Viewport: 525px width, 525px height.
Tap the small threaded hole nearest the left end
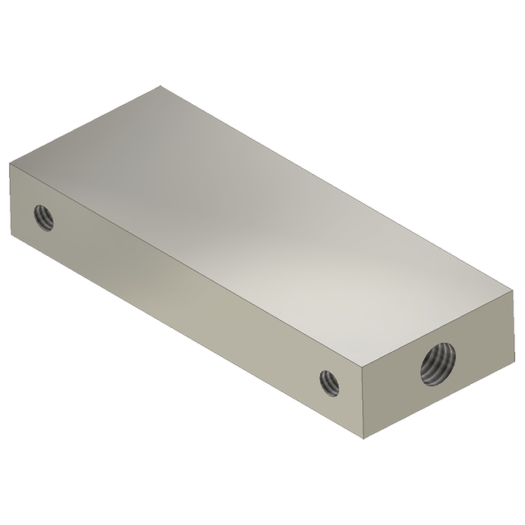pyautogui.click(x=43, y=217)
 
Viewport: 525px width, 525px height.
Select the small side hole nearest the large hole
pyautogui.click(x=330, y=381)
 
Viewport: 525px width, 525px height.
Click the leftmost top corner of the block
pyautogui.click(x=9, y=163)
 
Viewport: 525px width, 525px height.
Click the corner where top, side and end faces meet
pyautogui.click(x=362, y=367)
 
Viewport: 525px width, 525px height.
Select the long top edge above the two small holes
pyautogui.click(x=185, y=265)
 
